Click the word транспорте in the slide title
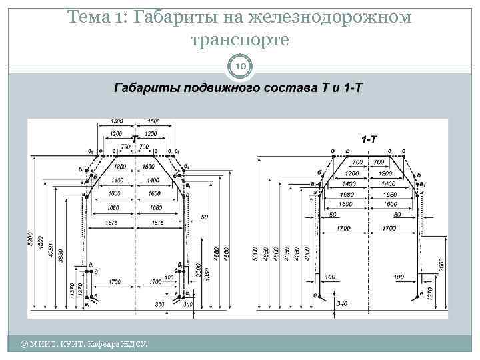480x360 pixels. (x=239, y=40)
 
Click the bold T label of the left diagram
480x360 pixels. (x=136, y=139)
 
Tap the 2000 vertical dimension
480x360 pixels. (x=198, y=270)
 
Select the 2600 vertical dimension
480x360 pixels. (x=441, y=263)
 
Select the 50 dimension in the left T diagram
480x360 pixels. (x=204, y=217)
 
